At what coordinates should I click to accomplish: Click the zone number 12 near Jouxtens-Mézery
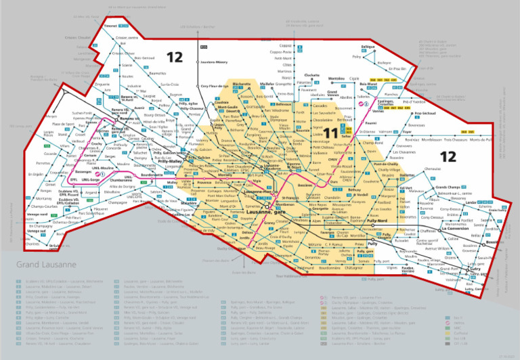(175, 58)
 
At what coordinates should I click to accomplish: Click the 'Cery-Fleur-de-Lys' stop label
(214, 87)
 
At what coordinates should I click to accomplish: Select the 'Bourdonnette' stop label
(154, 175)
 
